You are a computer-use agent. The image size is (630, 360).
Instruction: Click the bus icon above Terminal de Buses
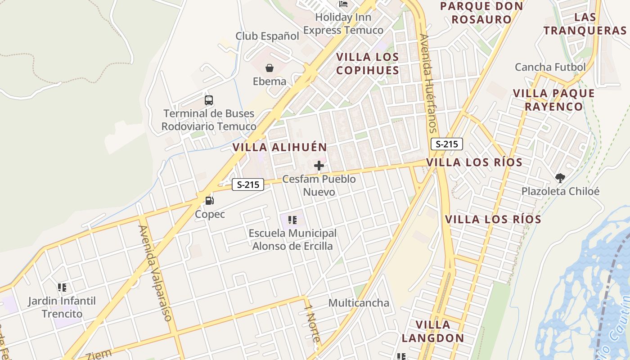(208, 100)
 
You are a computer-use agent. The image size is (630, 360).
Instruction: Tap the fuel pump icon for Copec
(209, 201)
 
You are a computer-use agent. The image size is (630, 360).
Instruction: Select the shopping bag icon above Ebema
(269, 68)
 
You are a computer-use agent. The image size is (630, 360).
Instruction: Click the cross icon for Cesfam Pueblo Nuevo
(319, 166)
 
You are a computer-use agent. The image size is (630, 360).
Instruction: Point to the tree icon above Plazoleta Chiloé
(560, 178)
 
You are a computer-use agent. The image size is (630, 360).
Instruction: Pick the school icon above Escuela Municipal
(292, 220)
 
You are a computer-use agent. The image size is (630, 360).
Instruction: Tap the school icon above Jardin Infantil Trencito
(62, 287)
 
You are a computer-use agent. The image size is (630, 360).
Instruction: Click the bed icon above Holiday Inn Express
(343, 4)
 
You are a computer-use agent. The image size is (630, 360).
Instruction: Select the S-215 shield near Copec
(248, 184)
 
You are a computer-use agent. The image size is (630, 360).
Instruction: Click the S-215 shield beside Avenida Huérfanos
(447, 144)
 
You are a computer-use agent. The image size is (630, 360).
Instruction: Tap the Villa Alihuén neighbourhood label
(279, 147)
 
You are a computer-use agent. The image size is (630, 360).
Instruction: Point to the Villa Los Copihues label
(368, 63)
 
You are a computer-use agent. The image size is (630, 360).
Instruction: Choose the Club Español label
(267, 36)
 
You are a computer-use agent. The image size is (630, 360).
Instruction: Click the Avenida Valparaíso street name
(156, 273)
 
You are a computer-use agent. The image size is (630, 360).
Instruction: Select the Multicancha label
(359, 303)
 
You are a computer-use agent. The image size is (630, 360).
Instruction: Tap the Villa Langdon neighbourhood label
(432, 331)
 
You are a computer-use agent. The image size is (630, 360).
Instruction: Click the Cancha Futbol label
(550, 67)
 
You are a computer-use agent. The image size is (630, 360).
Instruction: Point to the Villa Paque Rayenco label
(554, 100)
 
